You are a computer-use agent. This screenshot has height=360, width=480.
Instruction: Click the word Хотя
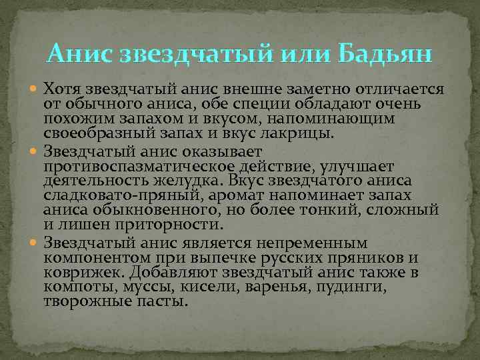(63, 89)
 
